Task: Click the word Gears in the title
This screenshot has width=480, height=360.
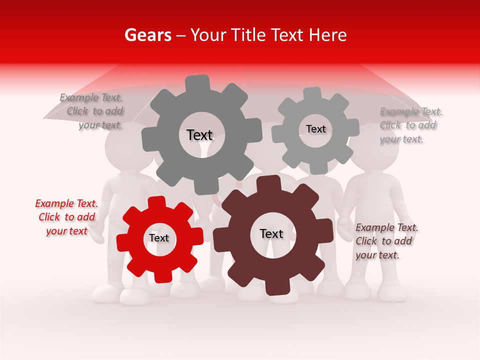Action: (x=147, y=35)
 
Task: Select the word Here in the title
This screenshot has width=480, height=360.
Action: (x=327, y=35)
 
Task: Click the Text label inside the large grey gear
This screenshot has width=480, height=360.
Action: (x=199, y=135)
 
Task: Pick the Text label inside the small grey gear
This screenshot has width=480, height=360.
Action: (x=315, y=129)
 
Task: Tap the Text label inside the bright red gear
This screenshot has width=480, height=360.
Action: (x=159, y=238)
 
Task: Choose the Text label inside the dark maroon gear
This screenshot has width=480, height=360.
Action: (x=271, y=234)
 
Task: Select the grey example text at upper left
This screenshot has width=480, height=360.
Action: (x=92, y=111)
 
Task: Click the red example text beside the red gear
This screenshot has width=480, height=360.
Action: (x=66, y=217)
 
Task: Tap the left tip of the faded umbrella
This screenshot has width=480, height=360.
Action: (x=45, y=118)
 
